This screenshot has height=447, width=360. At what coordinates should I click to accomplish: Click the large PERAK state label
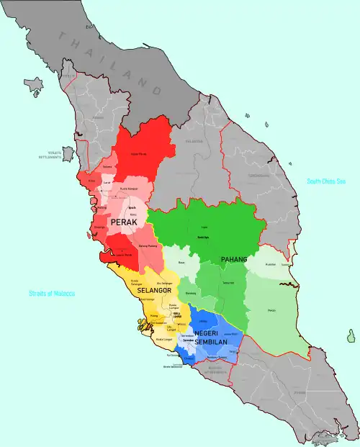tap(124, 223)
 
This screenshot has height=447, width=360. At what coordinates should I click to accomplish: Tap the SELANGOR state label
tap(150, 290)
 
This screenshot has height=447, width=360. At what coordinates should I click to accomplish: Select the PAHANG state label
tap(234, 259)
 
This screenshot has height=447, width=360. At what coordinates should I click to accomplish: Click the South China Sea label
tap(325, 181)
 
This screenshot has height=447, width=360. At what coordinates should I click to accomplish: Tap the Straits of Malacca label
tap(52, 294)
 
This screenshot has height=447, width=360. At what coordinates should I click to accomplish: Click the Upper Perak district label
tap(138, 154)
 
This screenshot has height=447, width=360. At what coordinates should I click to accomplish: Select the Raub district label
tap(181, 263)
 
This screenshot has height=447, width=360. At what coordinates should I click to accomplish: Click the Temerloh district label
tap(228, 283)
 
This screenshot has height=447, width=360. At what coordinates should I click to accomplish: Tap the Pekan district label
tap(271, 310)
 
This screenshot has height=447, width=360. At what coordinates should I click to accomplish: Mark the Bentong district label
tap(190, 293)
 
